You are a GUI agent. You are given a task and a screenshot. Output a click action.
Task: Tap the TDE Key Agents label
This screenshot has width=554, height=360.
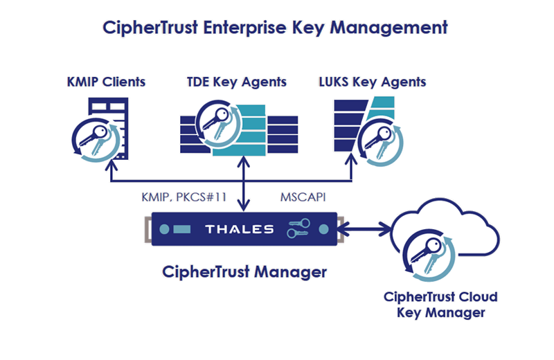pos(237,82)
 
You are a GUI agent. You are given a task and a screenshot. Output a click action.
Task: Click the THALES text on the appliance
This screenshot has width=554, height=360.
pos(239,228)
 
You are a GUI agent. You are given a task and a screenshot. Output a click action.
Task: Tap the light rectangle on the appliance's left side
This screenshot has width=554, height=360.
pos(181,229)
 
